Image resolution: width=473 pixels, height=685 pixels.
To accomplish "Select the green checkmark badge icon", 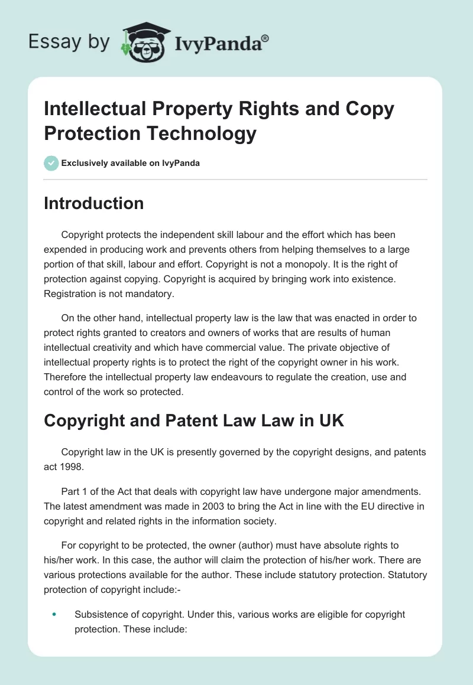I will click(x=51, y=163).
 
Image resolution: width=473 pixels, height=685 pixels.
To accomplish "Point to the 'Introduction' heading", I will click(x=93, y=203).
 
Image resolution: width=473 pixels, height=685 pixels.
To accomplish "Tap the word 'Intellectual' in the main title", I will click(x=93, y=109).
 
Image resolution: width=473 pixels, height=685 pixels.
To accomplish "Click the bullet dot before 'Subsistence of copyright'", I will click(x=54, y=615).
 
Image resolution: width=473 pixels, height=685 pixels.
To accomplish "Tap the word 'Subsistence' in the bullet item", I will click(x=99, y=614).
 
